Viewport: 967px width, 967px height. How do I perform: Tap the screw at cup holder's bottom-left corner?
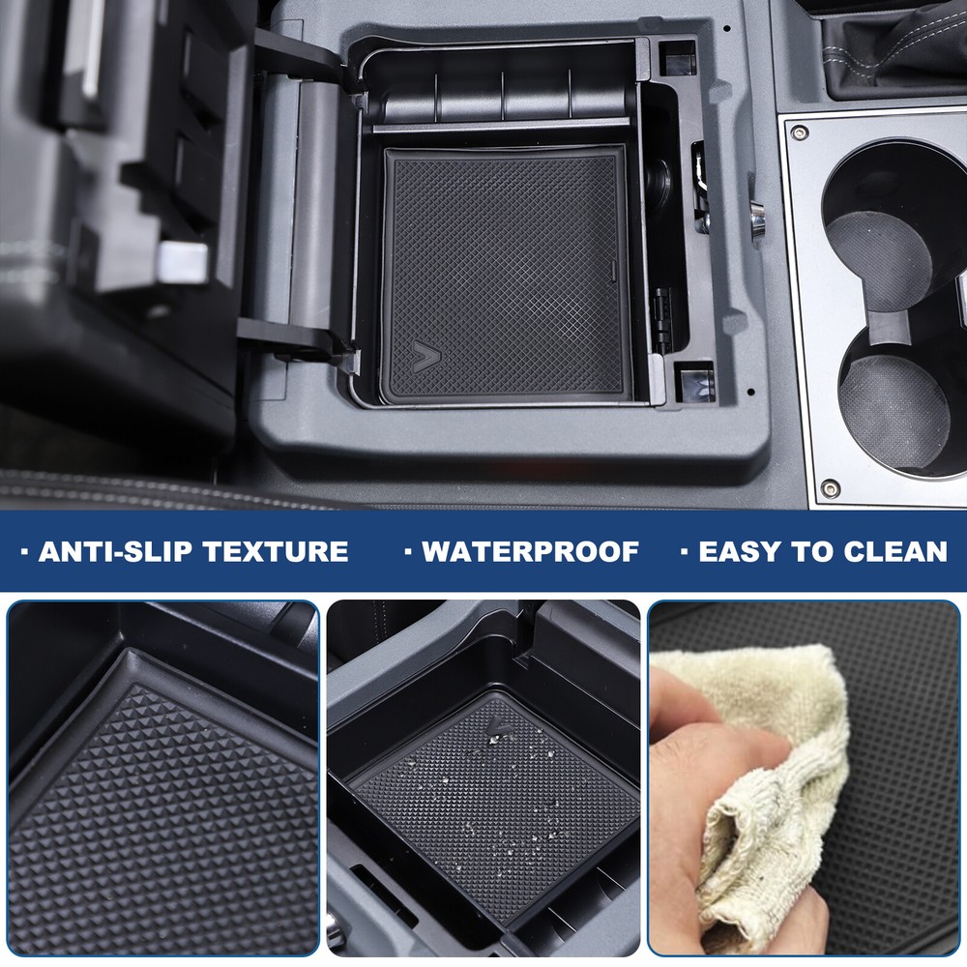829,487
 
